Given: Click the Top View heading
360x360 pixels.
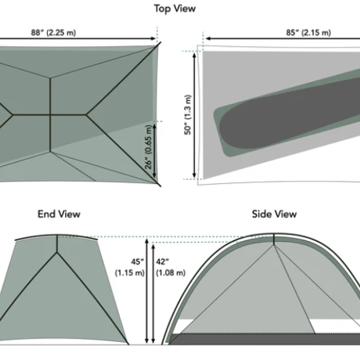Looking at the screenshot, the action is click(175, 9).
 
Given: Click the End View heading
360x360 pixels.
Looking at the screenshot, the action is click(59, 214).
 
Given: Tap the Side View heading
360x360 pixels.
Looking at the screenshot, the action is click(274, 214).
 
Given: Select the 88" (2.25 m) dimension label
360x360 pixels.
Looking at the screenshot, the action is click(53, 32).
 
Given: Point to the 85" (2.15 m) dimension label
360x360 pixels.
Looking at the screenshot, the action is click(308, 32).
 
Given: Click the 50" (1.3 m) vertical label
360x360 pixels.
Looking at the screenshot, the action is click(188, 114).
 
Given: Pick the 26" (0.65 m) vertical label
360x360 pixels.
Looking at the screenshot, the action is click(148, 147).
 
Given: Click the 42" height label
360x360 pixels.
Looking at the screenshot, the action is click(163, 261).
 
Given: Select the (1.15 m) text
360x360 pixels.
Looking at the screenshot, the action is click(130, 273).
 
